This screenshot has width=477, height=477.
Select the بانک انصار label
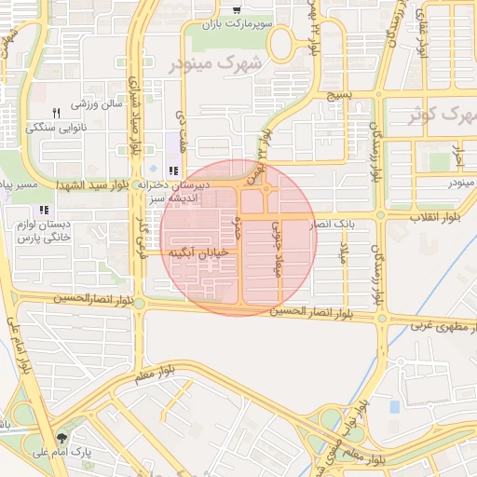333,225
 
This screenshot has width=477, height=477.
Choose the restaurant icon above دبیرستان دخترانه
173,170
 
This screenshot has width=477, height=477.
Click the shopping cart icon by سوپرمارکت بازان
245,10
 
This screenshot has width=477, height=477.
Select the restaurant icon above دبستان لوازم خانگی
44,209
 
